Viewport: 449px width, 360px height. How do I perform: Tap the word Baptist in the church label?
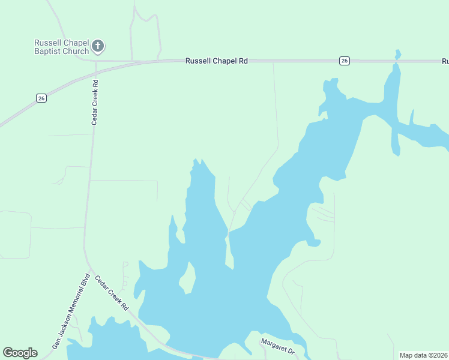[47, 52]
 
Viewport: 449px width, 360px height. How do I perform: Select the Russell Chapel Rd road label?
[217, 61]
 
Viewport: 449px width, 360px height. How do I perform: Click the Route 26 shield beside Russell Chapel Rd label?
[344, 60]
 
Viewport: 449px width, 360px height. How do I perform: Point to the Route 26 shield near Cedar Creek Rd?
[41, 98]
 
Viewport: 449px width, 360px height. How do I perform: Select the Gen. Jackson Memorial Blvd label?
[71, 312]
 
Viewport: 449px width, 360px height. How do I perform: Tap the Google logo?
[20, 353]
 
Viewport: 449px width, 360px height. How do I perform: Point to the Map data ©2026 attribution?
[423, 355]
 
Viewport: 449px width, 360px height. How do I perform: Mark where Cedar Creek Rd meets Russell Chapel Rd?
[95, 61]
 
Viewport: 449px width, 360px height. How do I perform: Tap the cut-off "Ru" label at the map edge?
[445, 61]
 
